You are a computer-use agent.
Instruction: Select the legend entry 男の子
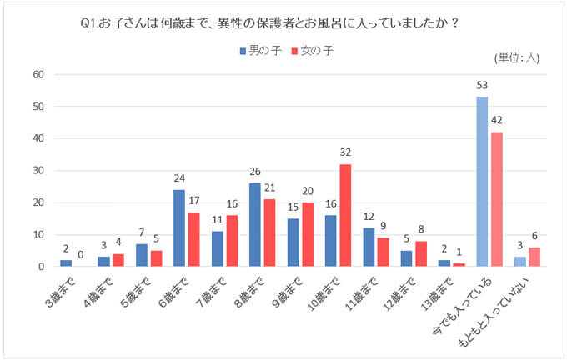261,51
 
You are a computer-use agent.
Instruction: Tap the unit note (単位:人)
518,57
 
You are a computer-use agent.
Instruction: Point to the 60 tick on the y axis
38,74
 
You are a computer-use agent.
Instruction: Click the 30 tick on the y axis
38,171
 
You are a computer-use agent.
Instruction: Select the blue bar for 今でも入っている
482,182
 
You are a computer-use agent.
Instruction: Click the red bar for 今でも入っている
497,199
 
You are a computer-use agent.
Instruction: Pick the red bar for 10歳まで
346,215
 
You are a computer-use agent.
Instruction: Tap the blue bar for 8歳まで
255,225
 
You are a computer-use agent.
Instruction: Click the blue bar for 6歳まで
179,228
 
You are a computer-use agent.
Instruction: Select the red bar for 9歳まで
308,234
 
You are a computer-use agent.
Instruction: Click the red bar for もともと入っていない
535,257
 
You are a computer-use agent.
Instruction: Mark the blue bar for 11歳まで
369,247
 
